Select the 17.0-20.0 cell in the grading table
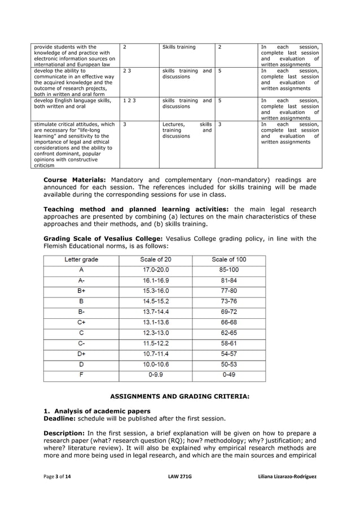click(156, 270)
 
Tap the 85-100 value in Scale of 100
click(229, 270)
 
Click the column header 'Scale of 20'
click(156, 260)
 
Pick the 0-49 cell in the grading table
click(229, 374)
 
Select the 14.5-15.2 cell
click(156, 301)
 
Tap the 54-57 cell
click(229, 353)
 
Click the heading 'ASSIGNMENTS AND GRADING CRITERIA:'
click(179, 397)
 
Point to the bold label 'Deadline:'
click(60, 419)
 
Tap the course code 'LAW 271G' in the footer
click(180, 477)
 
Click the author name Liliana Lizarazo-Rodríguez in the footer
click(286, 477)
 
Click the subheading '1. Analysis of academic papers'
click(97, 411)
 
